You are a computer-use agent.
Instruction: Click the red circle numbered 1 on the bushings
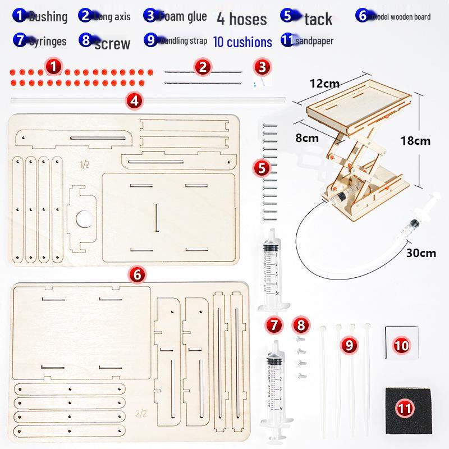click(53, 68)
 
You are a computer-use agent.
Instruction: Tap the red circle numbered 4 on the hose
click(135, 101)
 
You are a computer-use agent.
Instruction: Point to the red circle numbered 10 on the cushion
click(402, 345)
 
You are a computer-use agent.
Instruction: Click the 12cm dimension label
click(324, 83)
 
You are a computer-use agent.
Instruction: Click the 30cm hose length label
click(421, 253)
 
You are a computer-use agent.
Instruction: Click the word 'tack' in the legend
click(318, 20)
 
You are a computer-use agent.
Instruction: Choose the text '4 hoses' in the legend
click(241, 20)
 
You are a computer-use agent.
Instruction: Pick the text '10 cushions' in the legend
click(242, 42)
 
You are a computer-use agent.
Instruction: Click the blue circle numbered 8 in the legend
click(86, 41)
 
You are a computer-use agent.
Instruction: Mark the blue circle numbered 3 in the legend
click(150, 16)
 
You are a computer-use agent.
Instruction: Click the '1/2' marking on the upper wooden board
click(85, 164)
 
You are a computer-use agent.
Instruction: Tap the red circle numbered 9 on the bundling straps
click(349, 345)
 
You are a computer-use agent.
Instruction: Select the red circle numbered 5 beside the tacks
click(261, 167)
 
